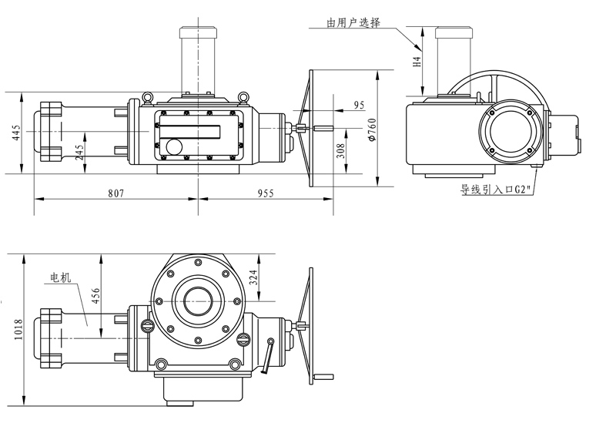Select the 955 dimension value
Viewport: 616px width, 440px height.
tap(265, 193)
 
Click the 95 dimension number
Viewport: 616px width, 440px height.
tap(359, 104)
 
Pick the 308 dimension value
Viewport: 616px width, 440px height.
tap(340, 150)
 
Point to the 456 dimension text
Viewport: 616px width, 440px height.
tap(95, 297)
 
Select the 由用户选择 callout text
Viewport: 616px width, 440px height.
tap(353, 24)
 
